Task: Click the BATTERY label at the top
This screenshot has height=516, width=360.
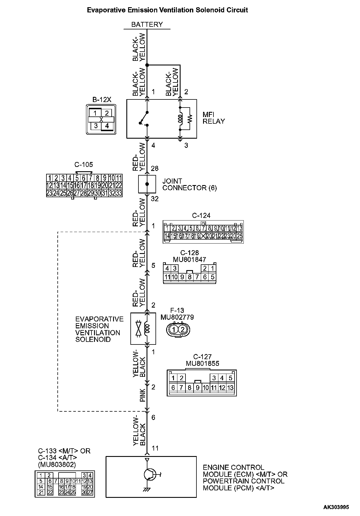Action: tap(147, 25)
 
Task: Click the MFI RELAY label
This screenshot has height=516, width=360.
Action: tap(213, 118)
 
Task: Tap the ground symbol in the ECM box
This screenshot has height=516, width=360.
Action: tap(147, 489)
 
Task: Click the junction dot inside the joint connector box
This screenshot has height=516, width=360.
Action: tap(147, 184)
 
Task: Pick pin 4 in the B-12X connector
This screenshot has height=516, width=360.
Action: tap(107, 126)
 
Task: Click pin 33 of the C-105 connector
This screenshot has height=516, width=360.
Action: tap(119, 193)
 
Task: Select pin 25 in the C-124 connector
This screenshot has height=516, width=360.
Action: tap(239, 236)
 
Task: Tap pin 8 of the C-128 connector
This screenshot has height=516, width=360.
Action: tap(190, 277)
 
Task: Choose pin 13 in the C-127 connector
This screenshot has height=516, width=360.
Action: tap(230, 388)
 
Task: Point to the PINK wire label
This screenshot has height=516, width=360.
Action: tap(143, 396)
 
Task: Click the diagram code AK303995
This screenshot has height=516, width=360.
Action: tap(336, 507)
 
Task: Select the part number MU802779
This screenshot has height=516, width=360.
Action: tap(177, 317)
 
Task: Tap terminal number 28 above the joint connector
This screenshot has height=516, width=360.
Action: tap(155, 168)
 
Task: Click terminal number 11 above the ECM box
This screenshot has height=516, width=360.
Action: tap(155, 448)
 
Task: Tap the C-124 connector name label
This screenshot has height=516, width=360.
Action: tap(201, 215)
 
